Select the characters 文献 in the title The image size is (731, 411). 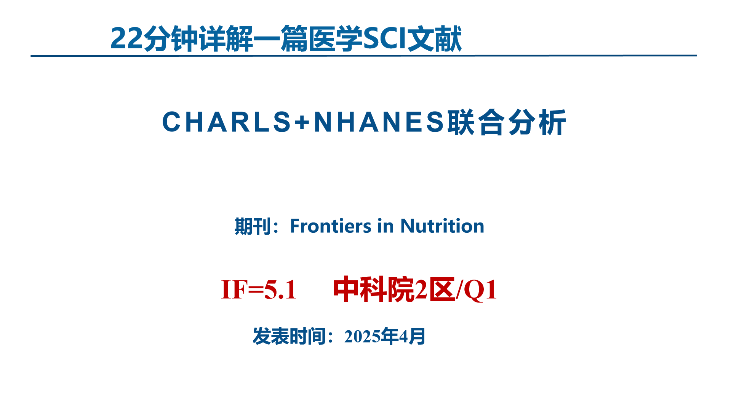pyautogui.click(x=434, y=38)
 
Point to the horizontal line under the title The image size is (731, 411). pyautogui.click(x=363, y=56)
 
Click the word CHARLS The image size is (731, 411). pyautogui.click(x=227, y=122)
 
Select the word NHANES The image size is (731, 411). pyautogui.click(x=379, y=122)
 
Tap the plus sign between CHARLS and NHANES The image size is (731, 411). pyautogui.click(x=302, y=122)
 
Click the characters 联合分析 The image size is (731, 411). pyautogui.click(x=507, y=122)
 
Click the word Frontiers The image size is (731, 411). pyautogui.click(x=330, y=226)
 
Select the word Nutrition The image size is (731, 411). pyautogui.click(x=442, y=226)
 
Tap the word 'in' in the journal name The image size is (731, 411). pyautogui.click(x=385, y=226)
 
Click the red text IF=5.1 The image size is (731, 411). pyautogui.click(x=259, y=290)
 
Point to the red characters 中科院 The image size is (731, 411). pyautogui.click(x=373, y=290)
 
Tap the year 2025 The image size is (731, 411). pyautogui.click(x=362, y=336)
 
